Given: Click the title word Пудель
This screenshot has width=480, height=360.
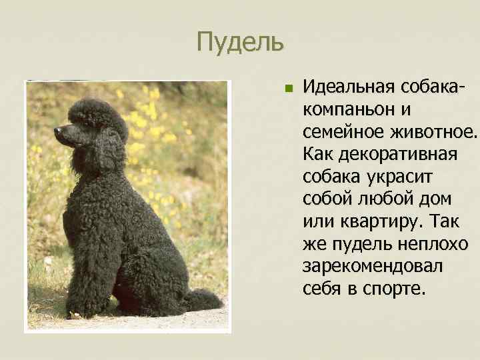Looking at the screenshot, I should (240, 43).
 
